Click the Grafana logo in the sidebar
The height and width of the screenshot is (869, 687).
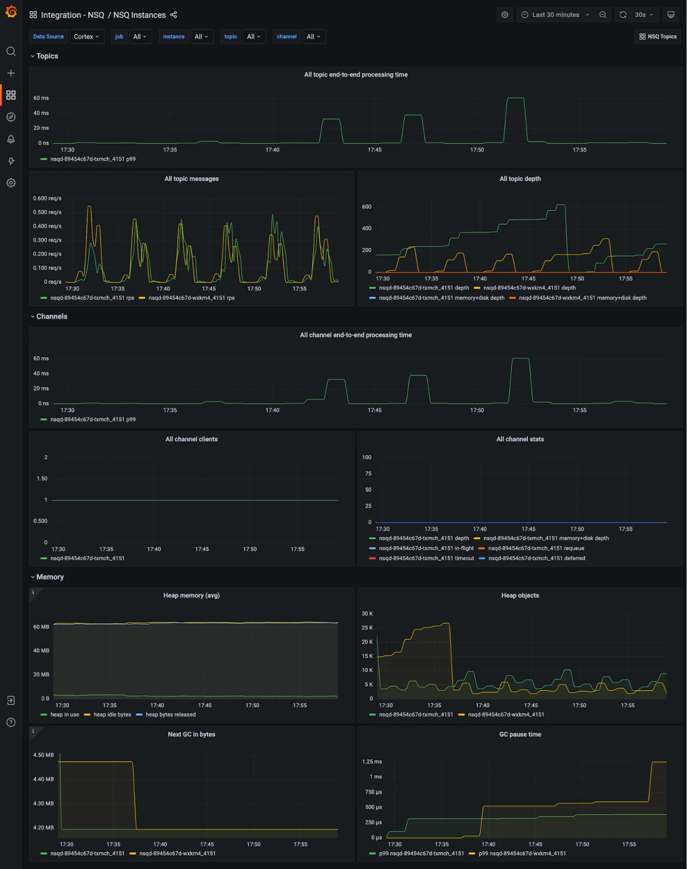[x=11, y=12]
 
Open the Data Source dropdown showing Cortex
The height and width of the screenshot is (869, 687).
[x=86, y=37]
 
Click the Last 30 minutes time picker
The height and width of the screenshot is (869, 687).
[x=555, y=15]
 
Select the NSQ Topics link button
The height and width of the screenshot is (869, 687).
[x=658, y=37]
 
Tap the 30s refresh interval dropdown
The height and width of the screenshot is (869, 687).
[x=644, y=15]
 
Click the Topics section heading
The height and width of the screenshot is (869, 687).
[x=47, y=56]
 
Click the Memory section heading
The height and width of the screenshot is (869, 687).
[x=50, y=577]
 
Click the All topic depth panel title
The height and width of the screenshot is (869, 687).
[x=520, y=179]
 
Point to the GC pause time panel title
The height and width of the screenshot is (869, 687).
[x=520, y=734]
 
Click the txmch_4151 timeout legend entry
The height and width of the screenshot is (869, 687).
[x=422, y=558]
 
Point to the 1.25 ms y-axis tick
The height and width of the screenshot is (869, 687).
[x=372, y=762]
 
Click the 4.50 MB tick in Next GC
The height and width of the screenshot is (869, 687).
[x=43, y=755]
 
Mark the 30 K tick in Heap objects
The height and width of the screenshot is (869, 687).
[x=367, y=614]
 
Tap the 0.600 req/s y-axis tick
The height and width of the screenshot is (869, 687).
[x=47, y=199]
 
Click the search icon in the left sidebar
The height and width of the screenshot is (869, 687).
[x=11, y=52]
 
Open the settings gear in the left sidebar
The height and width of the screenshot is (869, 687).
[x=11, y=183]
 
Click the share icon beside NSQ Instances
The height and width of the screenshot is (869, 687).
[x=173, y=15]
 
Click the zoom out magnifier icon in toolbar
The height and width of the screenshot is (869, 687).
[x=603, y=15]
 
